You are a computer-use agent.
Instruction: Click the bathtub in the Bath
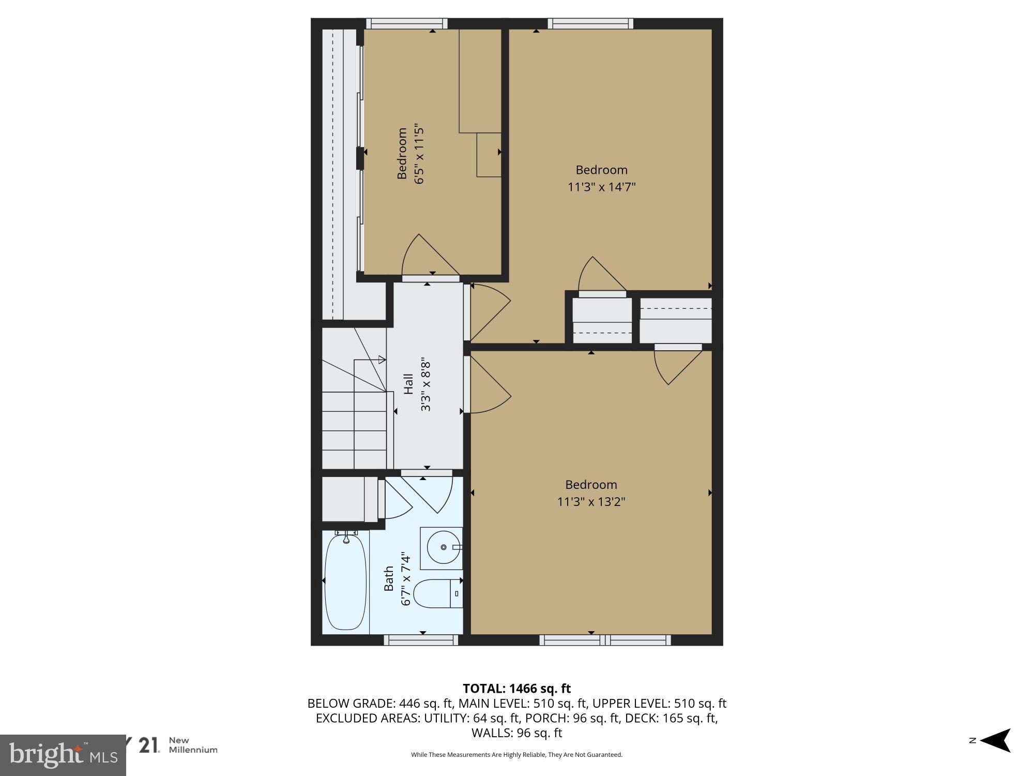coord(345,582)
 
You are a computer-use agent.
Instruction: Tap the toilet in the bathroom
coord(437,594)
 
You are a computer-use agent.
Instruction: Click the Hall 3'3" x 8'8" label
coord(417,384)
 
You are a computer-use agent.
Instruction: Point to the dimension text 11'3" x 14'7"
coord(601,187)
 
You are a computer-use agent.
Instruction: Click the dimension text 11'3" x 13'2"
coord(591,501)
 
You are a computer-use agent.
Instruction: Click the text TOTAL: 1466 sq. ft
coord(516,689)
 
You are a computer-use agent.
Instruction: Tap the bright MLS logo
coord(62,755)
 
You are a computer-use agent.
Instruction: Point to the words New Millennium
coord(193,745)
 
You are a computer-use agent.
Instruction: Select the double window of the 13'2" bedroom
coord(605,640)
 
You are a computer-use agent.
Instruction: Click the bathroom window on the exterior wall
coord(421,640)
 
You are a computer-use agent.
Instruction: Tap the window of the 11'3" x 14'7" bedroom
coord(590,23)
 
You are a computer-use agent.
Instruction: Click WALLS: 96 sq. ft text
coord(516,733)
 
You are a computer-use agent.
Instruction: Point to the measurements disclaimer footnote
coord(516,755)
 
